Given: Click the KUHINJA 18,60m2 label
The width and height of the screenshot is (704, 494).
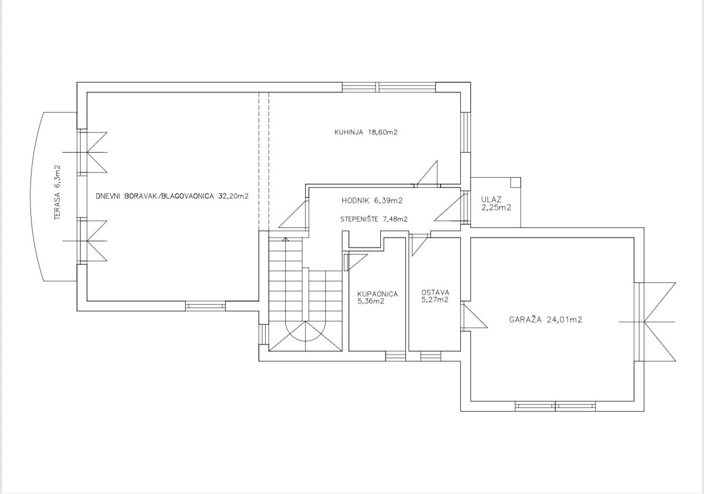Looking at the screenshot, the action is click(x=366, y=132).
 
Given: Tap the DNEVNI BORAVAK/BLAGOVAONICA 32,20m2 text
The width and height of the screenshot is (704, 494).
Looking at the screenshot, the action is click(x=172, y=196).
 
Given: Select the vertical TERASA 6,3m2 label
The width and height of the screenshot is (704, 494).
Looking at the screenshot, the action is click(x=57, y=192).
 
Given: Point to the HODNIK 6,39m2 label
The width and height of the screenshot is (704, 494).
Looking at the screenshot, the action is click(x=372, y=200).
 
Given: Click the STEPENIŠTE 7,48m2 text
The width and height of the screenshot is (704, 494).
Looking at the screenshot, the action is click(x=374, y=219).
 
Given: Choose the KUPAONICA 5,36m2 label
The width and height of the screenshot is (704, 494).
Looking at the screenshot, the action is click(x=378, y=297).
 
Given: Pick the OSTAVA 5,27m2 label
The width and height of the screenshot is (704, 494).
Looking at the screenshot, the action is click(x=435, y=296).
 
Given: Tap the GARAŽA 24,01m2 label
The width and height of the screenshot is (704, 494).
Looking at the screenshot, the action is click(x=546, y=320).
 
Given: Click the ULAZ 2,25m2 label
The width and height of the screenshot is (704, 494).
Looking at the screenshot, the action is click(x=496, y=203).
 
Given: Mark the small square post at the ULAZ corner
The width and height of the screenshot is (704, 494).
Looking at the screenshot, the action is click(x=515, y=183).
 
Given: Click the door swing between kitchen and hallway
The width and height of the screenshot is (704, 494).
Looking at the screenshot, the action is click(x=427, y=173).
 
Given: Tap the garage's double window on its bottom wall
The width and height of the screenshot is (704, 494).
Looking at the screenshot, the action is click(x=555, y=406).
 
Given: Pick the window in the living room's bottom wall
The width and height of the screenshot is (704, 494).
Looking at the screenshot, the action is click(x=205, y=306).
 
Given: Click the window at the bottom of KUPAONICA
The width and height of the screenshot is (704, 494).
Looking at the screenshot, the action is click(x=395, y=356).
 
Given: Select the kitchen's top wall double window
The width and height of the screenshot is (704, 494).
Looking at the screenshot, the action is click(x=389, y=87).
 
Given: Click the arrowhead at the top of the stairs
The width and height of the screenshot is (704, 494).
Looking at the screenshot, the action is click(x=285, y=239).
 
